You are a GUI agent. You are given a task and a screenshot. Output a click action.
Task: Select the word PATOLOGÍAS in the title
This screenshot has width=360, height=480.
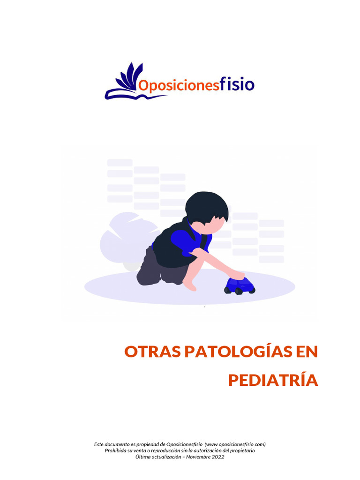(236, 352)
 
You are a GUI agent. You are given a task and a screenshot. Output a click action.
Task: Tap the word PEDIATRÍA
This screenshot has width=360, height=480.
(273, 381)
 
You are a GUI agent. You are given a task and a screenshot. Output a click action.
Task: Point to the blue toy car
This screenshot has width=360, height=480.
(240, 285)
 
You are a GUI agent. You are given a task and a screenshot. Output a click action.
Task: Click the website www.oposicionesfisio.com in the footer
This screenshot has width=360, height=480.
(236, 444)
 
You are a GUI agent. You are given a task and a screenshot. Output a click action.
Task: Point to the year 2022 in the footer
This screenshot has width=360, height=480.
(217, 457)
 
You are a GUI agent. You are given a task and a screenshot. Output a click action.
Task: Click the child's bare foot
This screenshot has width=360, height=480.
(189, 285)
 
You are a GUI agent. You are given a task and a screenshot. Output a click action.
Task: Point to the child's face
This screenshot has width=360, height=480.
(209, 227)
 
